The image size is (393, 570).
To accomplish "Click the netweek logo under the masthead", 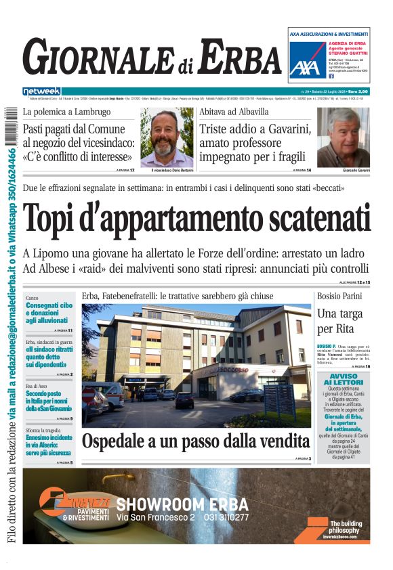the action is click(x=41, y=91).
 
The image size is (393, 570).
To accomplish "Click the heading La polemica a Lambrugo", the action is click(x=66, y=112).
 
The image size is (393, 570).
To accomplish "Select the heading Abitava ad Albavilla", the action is click(x=233, y=112).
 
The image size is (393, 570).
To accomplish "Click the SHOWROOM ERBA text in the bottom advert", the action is click(x=182, y=504).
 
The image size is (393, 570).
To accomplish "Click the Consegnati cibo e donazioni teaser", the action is click(x=49, y=313).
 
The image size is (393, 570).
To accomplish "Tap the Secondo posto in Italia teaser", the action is click(x=49, y=400).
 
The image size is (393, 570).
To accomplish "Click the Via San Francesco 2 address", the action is click(x=155, y=518).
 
